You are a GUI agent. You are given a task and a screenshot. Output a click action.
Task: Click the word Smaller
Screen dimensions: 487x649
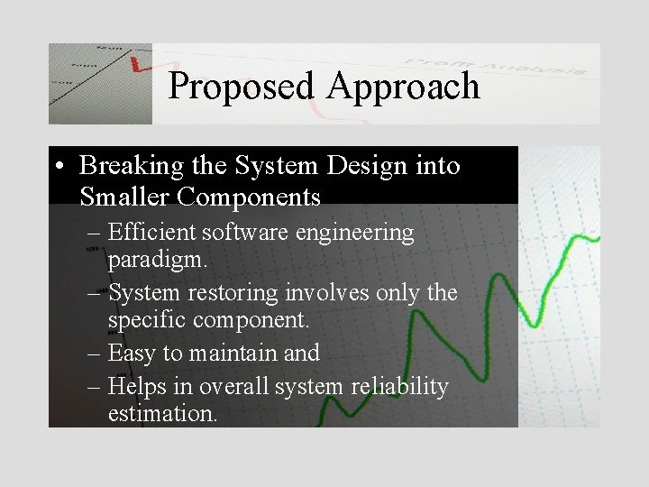point(121,196)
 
